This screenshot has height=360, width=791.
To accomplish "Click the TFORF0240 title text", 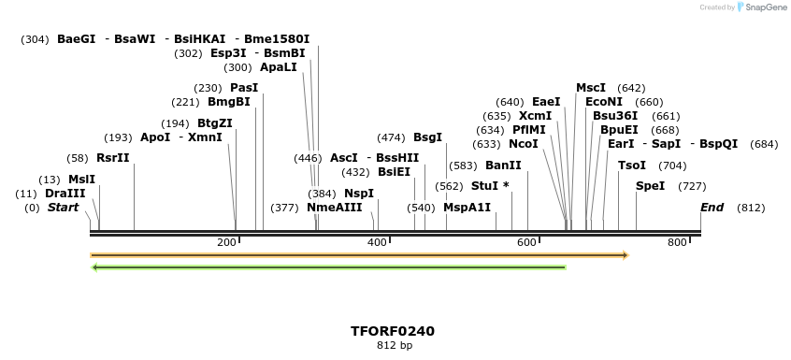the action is pyautogui.click(x=393, y=331).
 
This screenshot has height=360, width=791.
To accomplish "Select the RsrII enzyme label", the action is pyautogui.click(x=112, y=158).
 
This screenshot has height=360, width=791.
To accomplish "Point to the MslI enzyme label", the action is pyautogui.click(x=81, y=179).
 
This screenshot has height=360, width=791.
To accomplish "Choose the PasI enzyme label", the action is pyautogui.click(x=244, y=88).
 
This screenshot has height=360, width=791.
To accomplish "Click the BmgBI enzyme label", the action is pyautogui.click(x=228, y=102).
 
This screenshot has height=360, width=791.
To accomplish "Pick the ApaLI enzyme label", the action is pyautogui.click(x=279, y=67).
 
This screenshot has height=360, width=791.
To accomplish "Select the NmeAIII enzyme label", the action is pyautogui.click(x=334, y=207).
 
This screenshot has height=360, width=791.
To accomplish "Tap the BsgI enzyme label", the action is pyautogui.click(x=427, y=137).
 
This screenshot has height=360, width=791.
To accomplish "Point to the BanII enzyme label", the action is pyautogui.click(x=503, y=166).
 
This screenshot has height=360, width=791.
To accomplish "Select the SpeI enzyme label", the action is pyautogui.click(x=650, y=186).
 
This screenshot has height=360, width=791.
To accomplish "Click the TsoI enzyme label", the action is pyautogui.click(x=632, y=166).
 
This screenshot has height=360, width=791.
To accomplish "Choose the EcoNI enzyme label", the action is pyautogui.click(x=603, y=102).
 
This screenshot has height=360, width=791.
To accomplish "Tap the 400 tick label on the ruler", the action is pyautogui.click(x=377, y=243).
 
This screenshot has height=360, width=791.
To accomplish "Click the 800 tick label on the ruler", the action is pyautogui.click(x=677, y=243).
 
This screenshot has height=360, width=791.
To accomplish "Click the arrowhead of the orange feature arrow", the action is pyautogui.click(x=625, y=254).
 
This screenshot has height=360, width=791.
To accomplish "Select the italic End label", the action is pyautogui.click(x=712, y=207).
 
